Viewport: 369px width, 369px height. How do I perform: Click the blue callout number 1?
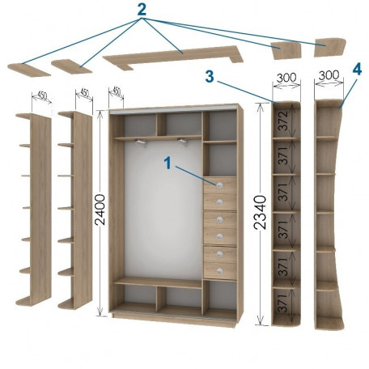[x=168, y=163]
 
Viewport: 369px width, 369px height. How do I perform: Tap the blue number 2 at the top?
[x=142, y=10]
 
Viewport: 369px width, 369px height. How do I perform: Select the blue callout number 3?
[x=210, y=76]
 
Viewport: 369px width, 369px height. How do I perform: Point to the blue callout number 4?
[x=357, y=70]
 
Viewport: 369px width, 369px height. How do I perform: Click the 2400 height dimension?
[x=100, y=210]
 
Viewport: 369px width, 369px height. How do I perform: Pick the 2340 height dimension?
[x=261, y=213]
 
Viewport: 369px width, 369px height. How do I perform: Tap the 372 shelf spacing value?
[x=283, y=121]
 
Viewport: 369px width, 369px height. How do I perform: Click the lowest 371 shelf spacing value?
[x=283, y=303]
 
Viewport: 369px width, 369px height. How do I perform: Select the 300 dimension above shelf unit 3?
[x=286, y=78]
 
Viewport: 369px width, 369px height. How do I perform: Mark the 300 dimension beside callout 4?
[x=329, y=75]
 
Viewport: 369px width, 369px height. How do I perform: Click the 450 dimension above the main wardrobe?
[x=117, y=91]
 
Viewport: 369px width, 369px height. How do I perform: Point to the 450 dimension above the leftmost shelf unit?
[x=42, y=95]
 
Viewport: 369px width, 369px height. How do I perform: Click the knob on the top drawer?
[x=219, y=185]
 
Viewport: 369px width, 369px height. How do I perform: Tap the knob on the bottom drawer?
[x=219, y=270]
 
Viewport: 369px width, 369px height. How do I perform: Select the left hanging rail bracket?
[x=141, y=142]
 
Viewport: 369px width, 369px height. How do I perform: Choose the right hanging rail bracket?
[x=183, y=142]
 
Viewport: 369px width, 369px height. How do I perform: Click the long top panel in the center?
[x=172, y=57]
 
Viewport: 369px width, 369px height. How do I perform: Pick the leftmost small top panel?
[x=28, y=70]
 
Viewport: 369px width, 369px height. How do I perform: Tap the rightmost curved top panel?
[x=330, y=47]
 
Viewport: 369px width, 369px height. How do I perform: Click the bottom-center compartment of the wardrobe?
[x=180, y=297]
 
